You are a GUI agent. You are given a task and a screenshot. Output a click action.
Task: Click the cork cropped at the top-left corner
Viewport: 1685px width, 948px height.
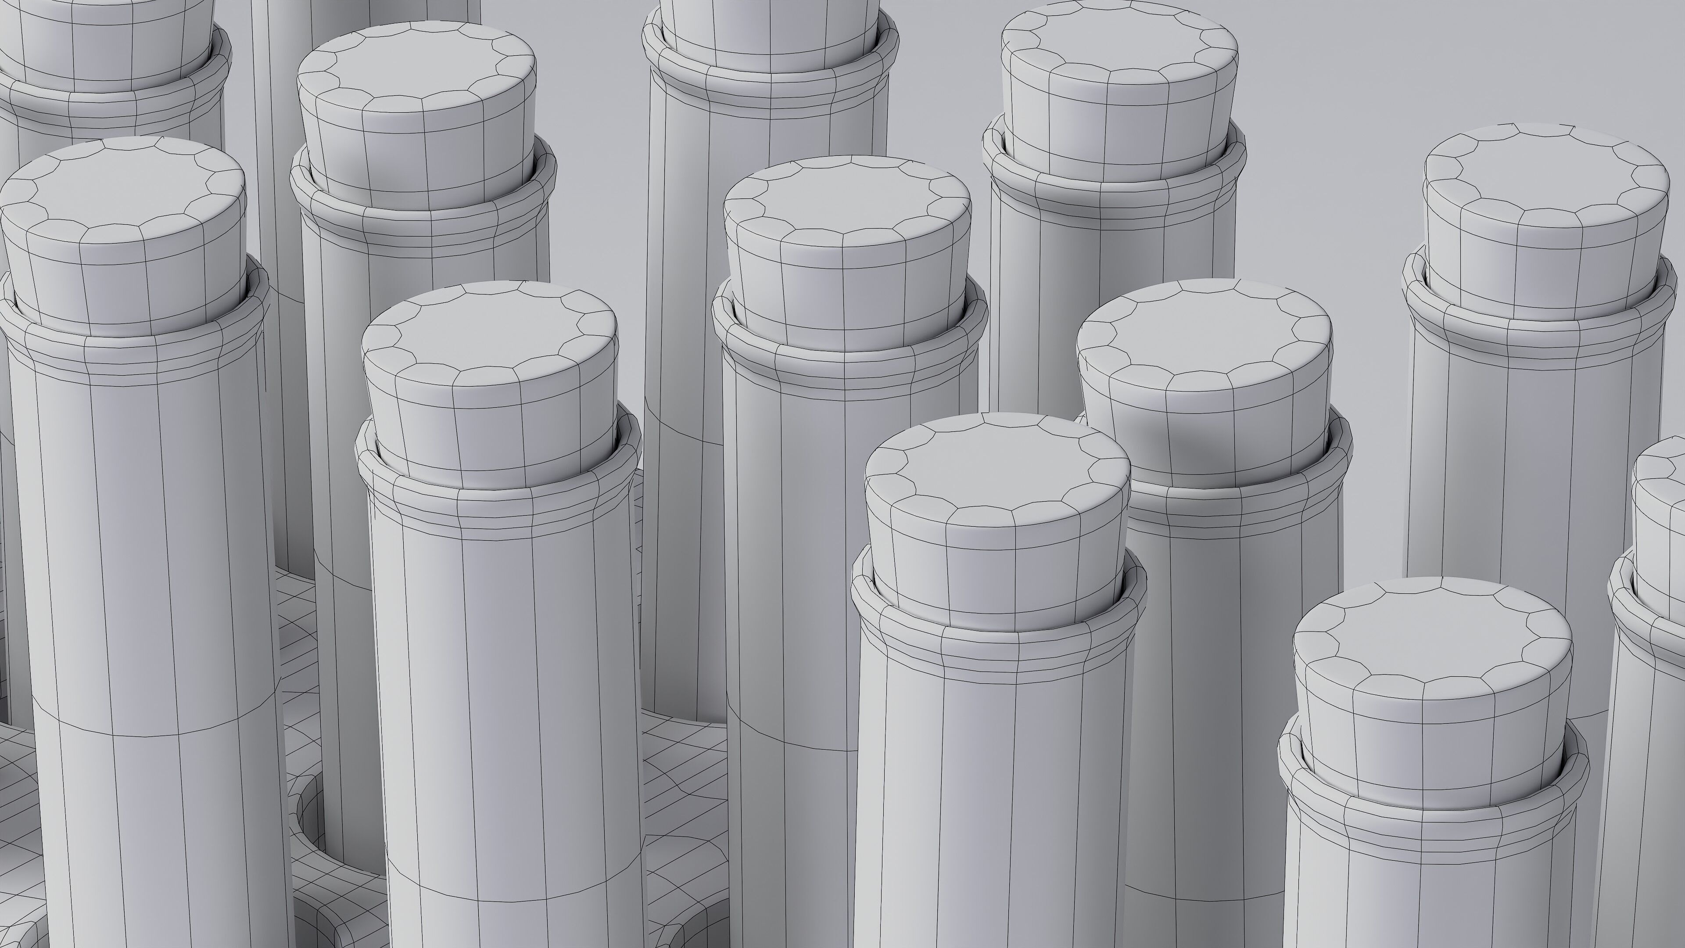coord(105,39)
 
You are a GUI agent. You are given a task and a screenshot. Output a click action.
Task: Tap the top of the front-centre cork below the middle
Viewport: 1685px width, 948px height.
coord(997,464)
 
